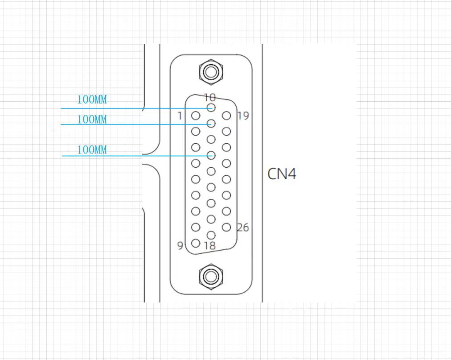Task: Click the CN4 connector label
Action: pyautogui.click(x=282, y=174)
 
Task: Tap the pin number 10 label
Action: pyautogui.click(x=209, y=97)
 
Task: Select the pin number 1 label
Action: pyautogui.click(x=180, y=116)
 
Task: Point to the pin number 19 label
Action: pyautogui.click(x=243, y=116)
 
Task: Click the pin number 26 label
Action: pyautogui.click(x=242, y=228)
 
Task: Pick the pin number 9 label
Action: pyautogui.click(x=180, y=245)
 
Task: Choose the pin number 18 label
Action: pyautogui.click(x=209, y=245)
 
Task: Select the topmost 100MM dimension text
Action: pyautogui.click(x=92, y=99)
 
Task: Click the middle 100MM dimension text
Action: pyautogui.click(x=92, y=120)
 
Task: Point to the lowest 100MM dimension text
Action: pyautogui.click(x=92, y=150)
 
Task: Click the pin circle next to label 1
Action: pyautogui.click(x=195, y=116)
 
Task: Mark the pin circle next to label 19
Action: pyautogui.click(x=227, y=116)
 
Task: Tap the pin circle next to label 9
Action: pyautogui.click(x=195, y=243)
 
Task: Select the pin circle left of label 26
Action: pyautogui.click(x=227, y=227)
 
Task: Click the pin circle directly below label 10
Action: pyautogui.click(x=211, y=108)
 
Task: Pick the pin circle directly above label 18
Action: pyautogui.click(x=211, y=235)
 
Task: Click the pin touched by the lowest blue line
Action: pyautogui.click(x=211, y=155)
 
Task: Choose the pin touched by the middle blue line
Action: pyautogui.click(x=211, y=124)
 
